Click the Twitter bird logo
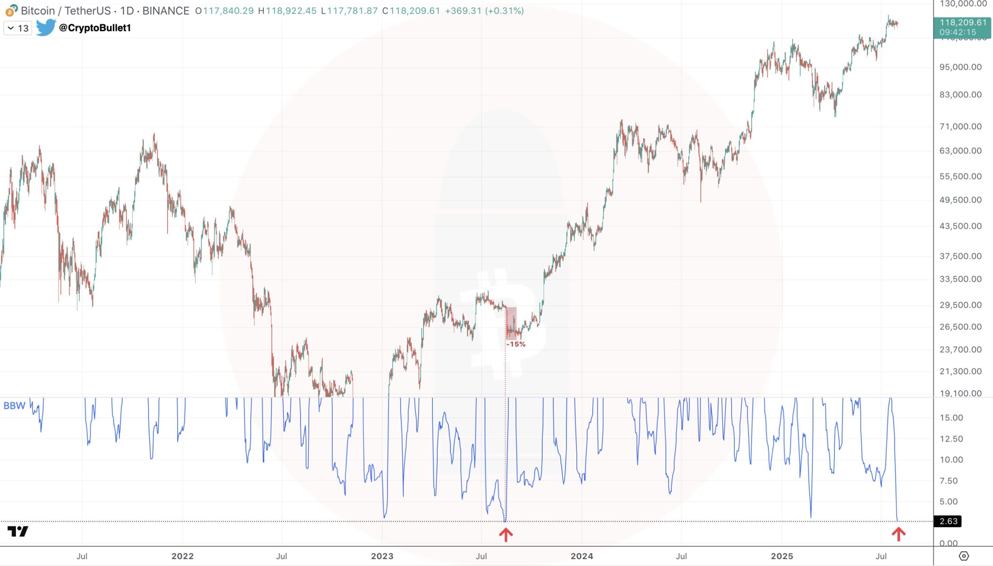45,27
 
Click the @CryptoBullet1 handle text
94,28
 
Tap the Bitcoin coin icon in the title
11,10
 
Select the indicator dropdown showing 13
18,28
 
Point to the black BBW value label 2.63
948,521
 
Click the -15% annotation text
516,344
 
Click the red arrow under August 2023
506,535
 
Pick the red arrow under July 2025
898,534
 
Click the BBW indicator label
14,406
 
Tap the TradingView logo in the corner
18,531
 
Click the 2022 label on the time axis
182,556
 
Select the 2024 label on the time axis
581,556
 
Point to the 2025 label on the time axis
782,556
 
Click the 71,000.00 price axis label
960,126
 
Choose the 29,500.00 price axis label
960,305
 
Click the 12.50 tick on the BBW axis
951,439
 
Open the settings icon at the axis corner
964,556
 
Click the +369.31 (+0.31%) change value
484,10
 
